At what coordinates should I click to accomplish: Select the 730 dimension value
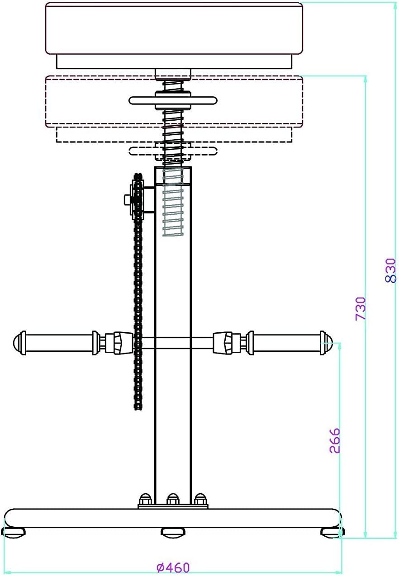click(361, 308)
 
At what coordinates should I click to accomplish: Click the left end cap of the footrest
click(19, 343)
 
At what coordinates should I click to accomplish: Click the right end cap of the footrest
click(326, 343)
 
